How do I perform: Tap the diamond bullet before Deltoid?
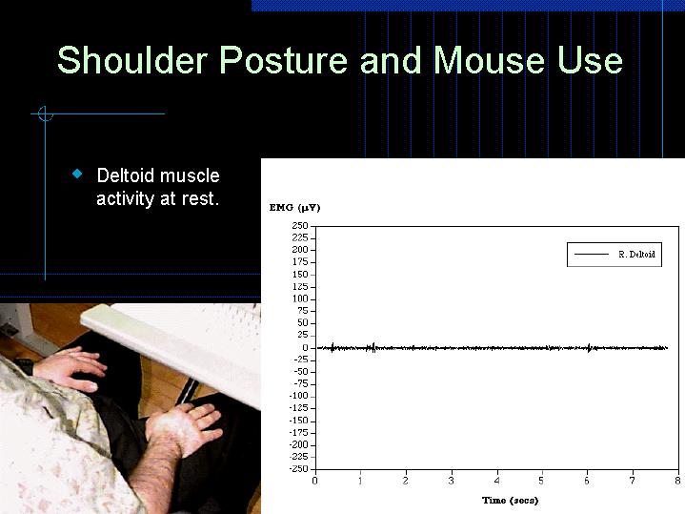click(78, 175)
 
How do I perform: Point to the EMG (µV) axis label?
click(294, 207)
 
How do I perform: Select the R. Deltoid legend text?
click(635, 255)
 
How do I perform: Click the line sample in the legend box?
click(591, 255)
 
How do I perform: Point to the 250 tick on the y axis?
click(299, 226)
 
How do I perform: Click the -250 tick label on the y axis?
click(297, 468)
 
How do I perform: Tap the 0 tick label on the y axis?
click(305, 347)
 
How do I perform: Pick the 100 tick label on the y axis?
click(299, 298)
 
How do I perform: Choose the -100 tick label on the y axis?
click(297, 396)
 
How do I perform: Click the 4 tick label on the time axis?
click(496, 481)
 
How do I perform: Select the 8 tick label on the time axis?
click(677, 481)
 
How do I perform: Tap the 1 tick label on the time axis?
click(360, 481)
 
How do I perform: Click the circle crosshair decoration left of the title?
click(44, 114)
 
